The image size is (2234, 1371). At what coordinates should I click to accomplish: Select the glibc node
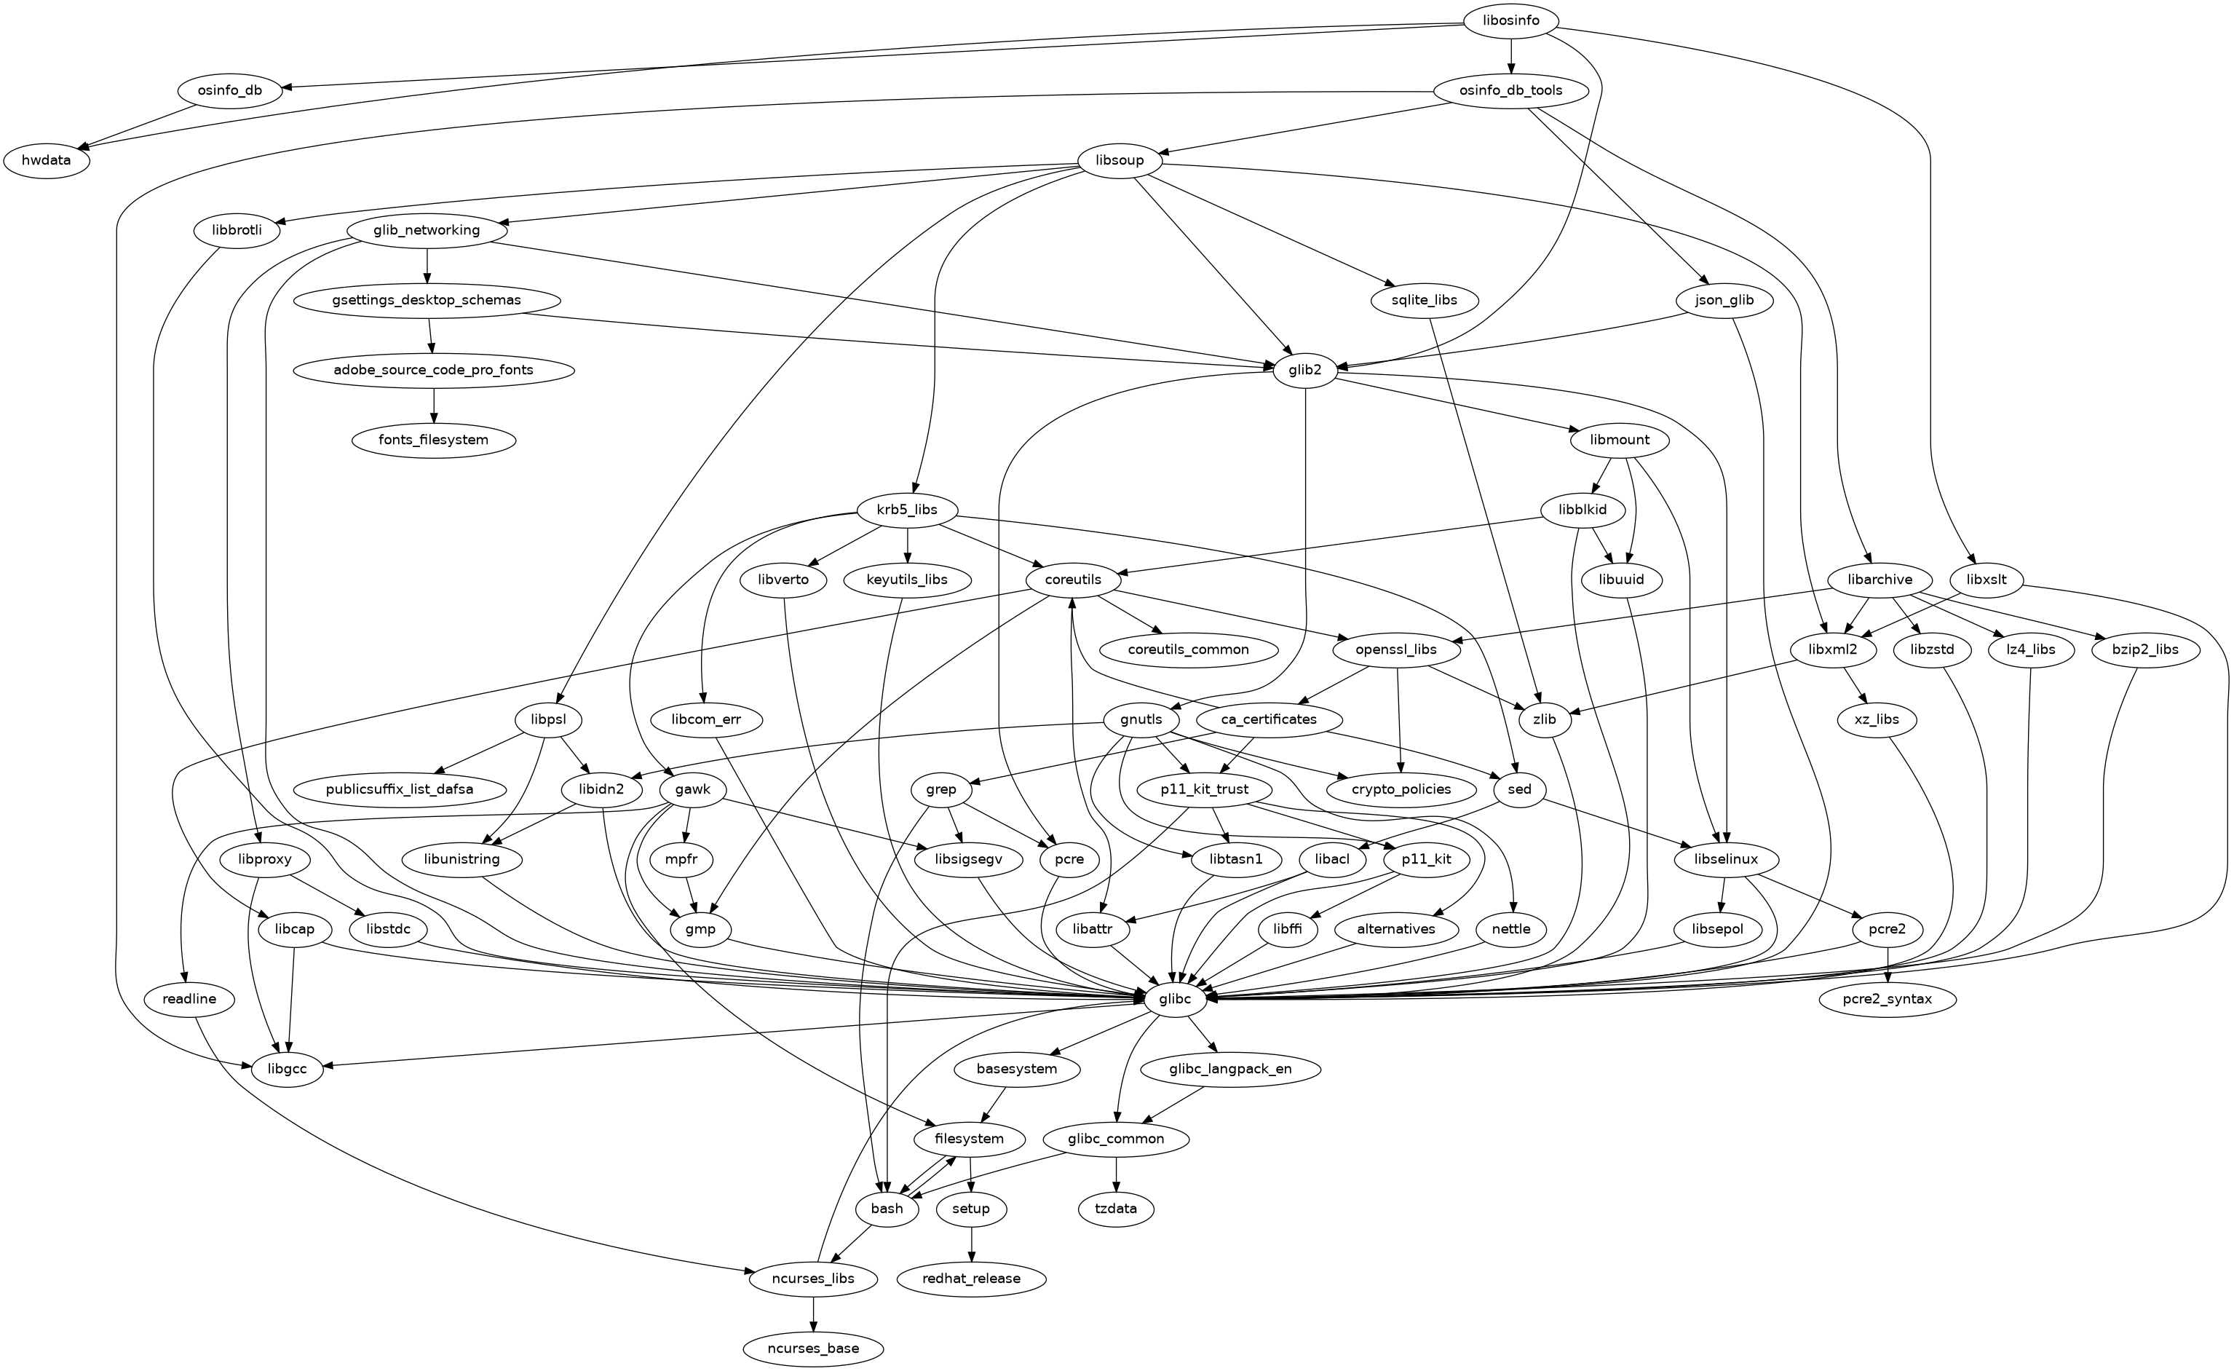click(1175, 999)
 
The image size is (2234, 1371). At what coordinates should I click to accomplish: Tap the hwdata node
click(47, 162)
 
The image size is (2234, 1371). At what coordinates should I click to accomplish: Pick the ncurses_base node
click(813, 1348)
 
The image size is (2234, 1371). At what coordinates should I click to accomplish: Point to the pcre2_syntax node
click(1887, 999)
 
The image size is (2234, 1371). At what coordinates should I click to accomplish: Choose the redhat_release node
click(971, 1279)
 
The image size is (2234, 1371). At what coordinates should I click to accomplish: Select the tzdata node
click(1115, 1209)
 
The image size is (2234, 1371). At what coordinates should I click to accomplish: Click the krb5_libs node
click(907, 510)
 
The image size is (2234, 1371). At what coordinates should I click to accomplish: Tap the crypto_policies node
click(1402, 789)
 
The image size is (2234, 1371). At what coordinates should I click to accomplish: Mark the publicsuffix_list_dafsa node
click(399, 789)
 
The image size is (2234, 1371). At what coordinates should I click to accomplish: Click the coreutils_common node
click(1188, 649)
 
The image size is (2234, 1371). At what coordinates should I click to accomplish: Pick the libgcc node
click(288, 1069)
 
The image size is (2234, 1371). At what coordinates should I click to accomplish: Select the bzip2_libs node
click(2144, 649)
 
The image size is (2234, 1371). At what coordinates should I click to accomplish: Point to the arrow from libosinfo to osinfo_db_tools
click(1511, 56)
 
